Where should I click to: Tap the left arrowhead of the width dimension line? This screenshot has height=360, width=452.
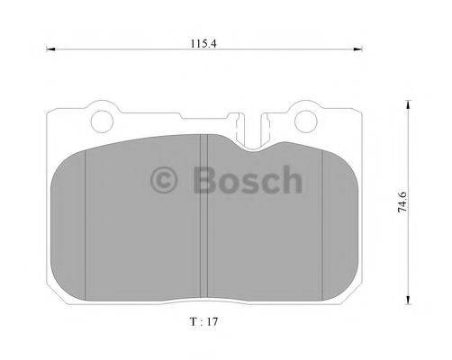tap(50, 50)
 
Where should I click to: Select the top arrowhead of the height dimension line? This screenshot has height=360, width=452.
tap(410, 104)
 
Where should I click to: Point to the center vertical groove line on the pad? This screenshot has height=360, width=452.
tap(208, 216)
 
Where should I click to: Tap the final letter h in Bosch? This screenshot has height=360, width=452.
tap(290, 180)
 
